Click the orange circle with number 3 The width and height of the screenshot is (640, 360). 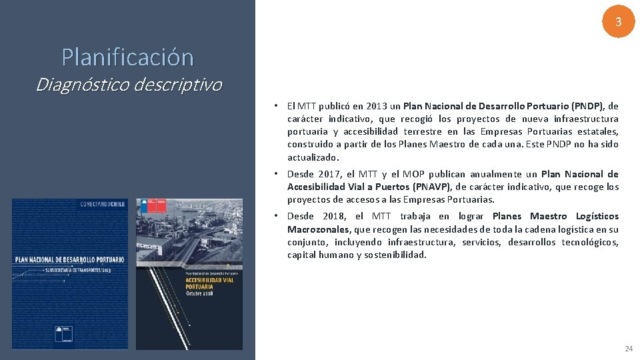618,22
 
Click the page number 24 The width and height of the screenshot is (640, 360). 628,349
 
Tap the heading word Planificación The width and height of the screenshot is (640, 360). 127,57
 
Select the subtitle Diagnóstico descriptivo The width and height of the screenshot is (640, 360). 128,85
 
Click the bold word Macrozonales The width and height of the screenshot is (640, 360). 318,229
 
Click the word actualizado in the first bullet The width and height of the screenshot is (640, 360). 313,157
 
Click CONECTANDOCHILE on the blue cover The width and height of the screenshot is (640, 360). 101,205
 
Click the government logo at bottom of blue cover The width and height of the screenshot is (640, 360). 65,333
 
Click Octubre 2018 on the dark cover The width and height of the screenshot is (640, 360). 199,294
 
